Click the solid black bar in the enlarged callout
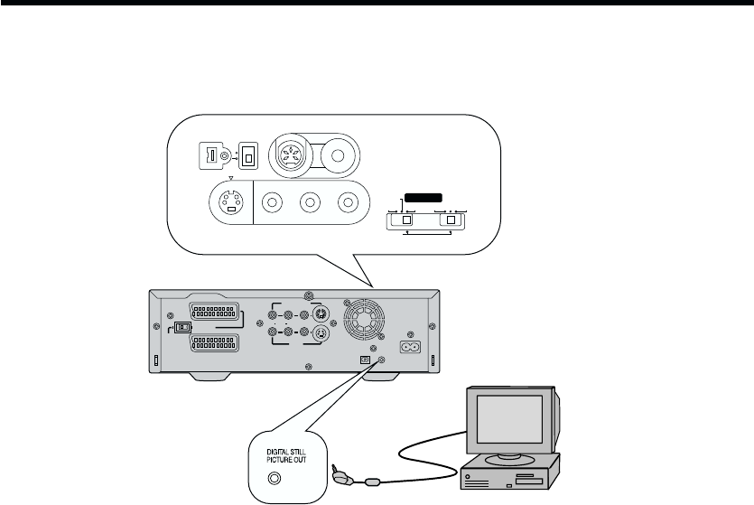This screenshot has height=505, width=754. (424, 197)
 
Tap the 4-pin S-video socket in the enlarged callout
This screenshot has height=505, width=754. (231, 203)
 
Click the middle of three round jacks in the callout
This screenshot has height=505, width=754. (311, 203)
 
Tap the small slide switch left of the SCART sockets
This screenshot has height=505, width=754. (183, 328)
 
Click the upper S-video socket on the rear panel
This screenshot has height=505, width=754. (319, 316)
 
